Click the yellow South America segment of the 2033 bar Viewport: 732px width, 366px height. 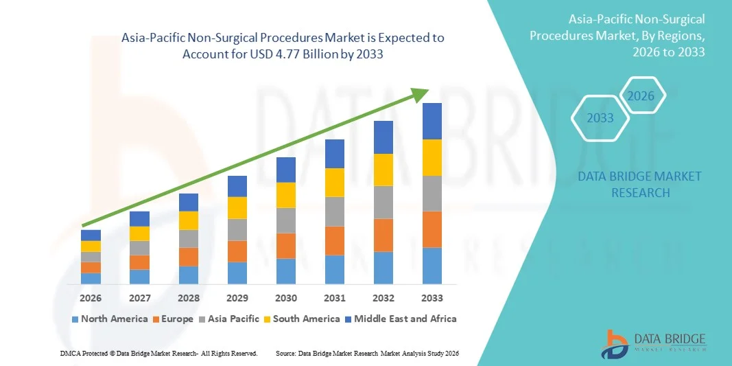point(432,158)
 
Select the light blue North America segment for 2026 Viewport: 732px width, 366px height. point(91,278)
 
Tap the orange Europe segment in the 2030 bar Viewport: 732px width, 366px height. point(286,246)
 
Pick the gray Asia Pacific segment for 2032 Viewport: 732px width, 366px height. point(383,202)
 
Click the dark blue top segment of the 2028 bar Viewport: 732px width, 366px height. point(188,203)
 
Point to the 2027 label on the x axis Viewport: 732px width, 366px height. point(139,298)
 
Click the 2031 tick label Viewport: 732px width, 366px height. point(334,298)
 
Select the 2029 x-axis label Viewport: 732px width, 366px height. point(237,298)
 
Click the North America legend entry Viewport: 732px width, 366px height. point(110,319)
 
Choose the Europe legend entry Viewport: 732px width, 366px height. point(174,319)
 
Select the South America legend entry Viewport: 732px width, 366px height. point(302,319)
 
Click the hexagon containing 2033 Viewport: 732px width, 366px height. point(600,118)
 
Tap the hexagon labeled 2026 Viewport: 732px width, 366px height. point(641,96)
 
